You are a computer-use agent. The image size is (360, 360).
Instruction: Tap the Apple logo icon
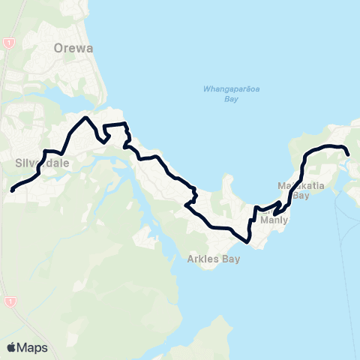coord(11,347)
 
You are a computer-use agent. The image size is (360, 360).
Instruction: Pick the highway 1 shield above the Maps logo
coord(9,301)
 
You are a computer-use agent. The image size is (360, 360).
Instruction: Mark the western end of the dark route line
coord(12,190)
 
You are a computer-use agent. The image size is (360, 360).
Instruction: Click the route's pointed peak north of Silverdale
coord(87,118)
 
